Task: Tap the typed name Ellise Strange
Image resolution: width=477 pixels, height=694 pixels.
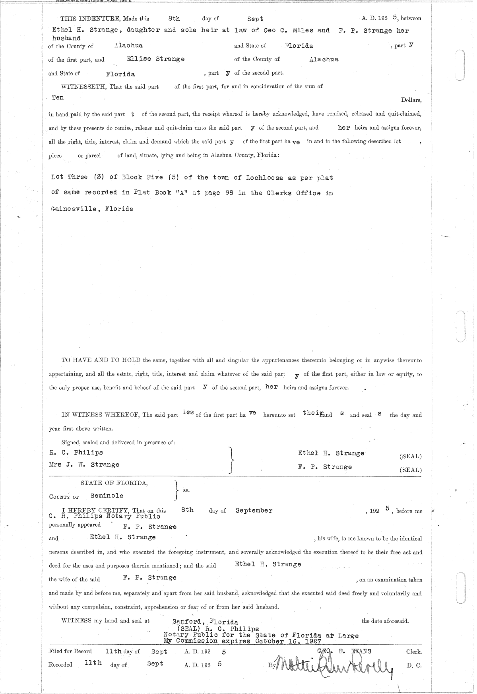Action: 155,59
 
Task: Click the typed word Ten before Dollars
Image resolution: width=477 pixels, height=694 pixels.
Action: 58,97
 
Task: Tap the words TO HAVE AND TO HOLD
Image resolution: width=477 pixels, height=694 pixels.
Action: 101,360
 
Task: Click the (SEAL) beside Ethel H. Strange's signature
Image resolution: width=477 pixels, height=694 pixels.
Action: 411,456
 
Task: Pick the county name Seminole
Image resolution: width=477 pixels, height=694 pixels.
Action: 107,496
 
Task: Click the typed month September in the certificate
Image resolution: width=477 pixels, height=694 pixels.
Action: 254,511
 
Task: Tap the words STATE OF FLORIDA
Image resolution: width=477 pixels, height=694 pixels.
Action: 114,483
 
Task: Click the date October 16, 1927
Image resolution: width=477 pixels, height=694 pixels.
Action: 288,641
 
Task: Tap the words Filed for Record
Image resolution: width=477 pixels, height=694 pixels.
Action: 70,651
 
